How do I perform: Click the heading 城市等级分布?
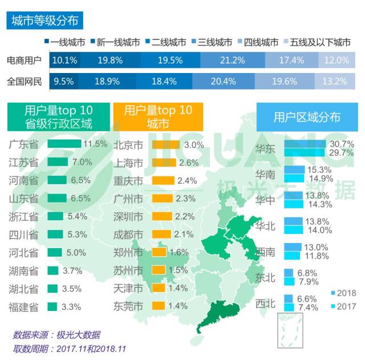[43, 21]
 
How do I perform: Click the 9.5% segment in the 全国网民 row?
[64, 81]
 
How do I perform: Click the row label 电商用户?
[24, 60]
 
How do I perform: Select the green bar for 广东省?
[64, 144]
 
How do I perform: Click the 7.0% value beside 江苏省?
[82, 162]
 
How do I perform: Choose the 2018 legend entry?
[343, 293]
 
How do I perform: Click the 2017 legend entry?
[343, 306]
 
